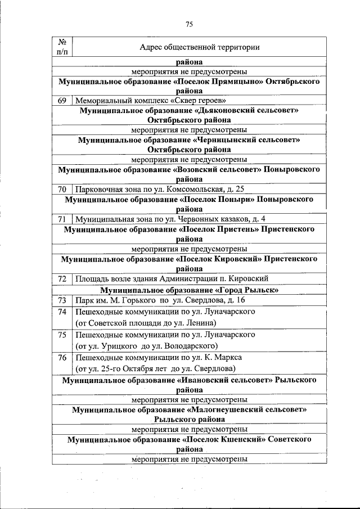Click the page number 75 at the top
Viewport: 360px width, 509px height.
point(189,24)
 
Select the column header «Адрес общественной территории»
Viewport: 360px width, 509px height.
point(200,47)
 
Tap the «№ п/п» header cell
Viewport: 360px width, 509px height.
point(62,47)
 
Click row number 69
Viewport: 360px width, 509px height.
point(62,100)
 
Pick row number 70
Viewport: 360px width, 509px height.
point(62,190)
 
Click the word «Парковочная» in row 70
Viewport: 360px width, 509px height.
point(98,190)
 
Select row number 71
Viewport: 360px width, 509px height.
point(62,219)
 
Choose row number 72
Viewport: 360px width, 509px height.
point(62,278)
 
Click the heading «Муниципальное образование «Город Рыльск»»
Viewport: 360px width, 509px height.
point(190,290)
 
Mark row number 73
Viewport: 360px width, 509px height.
point(62,300)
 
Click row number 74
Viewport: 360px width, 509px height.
point(62,312)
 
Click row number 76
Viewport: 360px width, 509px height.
point(62,357)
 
